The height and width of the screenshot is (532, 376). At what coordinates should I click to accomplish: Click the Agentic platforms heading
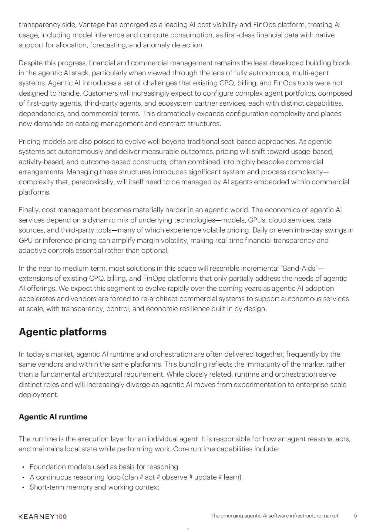click(63, 332)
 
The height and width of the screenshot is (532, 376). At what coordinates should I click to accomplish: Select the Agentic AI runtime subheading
click(53, 417)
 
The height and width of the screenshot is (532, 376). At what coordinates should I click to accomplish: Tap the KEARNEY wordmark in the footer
click(36, 517)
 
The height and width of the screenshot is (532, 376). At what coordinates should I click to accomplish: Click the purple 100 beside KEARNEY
click(61, 517)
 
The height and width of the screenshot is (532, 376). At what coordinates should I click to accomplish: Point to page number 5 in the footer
click(355, 516)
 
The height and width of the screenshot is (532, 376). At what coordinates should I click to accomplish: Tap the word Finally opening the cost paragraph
click(29, 210)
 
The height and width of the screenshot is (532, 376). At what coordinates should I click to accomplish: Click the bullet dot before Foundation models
click(23, 467)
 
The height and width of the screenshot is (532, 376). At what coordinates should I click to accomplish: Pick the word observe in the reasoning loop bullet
click(174, 477)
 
